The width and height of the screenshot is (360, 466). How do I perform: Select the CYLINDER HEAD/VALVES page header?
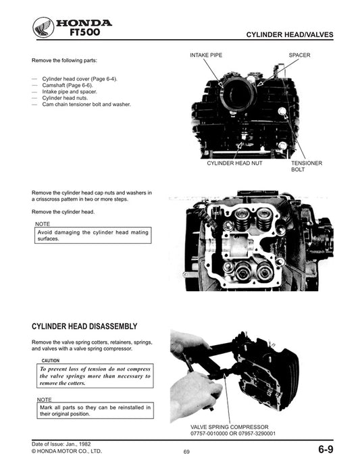pos(289,35)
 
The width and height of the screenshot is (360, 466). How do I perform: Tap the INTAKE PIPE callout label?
pos(206,55)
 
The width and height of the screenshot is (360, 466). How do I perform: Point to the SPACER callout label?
pos(299,55)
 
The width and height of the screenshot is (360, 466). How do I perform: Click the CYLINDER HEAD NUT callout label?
pos(234,163)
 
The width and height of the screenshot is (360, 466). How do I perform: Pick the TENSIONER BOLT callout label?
pos(306,167)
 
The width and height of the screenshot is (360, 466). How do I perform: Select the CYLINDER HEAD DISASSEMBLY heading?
pos(84,326)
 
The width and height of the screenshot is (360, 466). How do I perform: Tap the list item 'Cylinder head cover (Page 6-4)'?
pos(79,79)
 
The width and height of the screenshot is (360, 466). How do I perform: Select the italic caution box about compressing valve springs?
pos(94,376)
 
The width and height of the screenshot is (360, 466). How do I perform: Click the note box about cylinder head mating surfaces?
pos(91,236)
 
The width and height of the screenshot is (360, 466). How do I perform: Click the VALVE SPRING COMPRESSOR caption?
pos(230,427)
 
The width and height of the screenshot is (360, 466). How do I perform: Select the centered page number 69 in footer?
pos(186,452)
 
